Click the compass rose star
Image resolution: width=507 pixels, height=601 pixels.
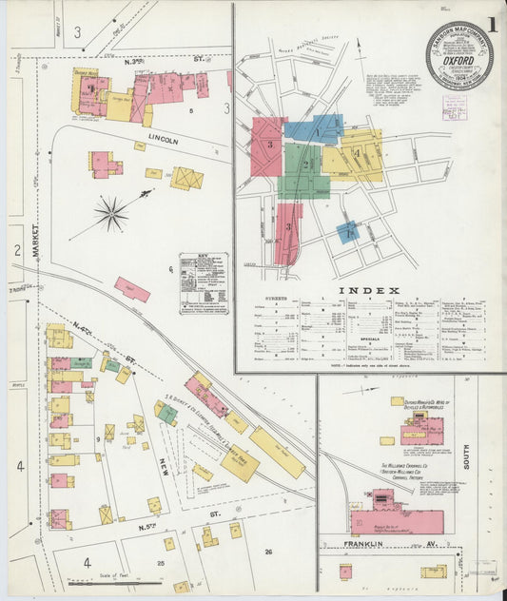(111, 214)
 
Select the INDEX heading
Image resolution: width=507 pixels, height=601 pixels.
(371, 289)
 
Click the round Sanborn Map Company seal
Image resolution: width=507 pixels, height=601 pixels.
(459, 56)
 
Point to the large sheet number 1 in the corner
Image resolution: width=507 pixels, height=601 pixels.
(493, 25)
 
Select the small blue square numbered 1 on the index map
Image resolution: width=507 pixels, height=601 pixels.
(349, 232)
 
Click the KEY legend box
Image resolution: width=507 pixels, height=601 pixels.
(204, 282)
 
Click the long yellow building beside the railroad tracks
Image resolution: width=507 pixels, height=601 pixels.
(277, 452)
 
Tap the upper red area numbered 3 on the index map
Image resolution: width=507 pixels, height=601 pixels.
(269, 146)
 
